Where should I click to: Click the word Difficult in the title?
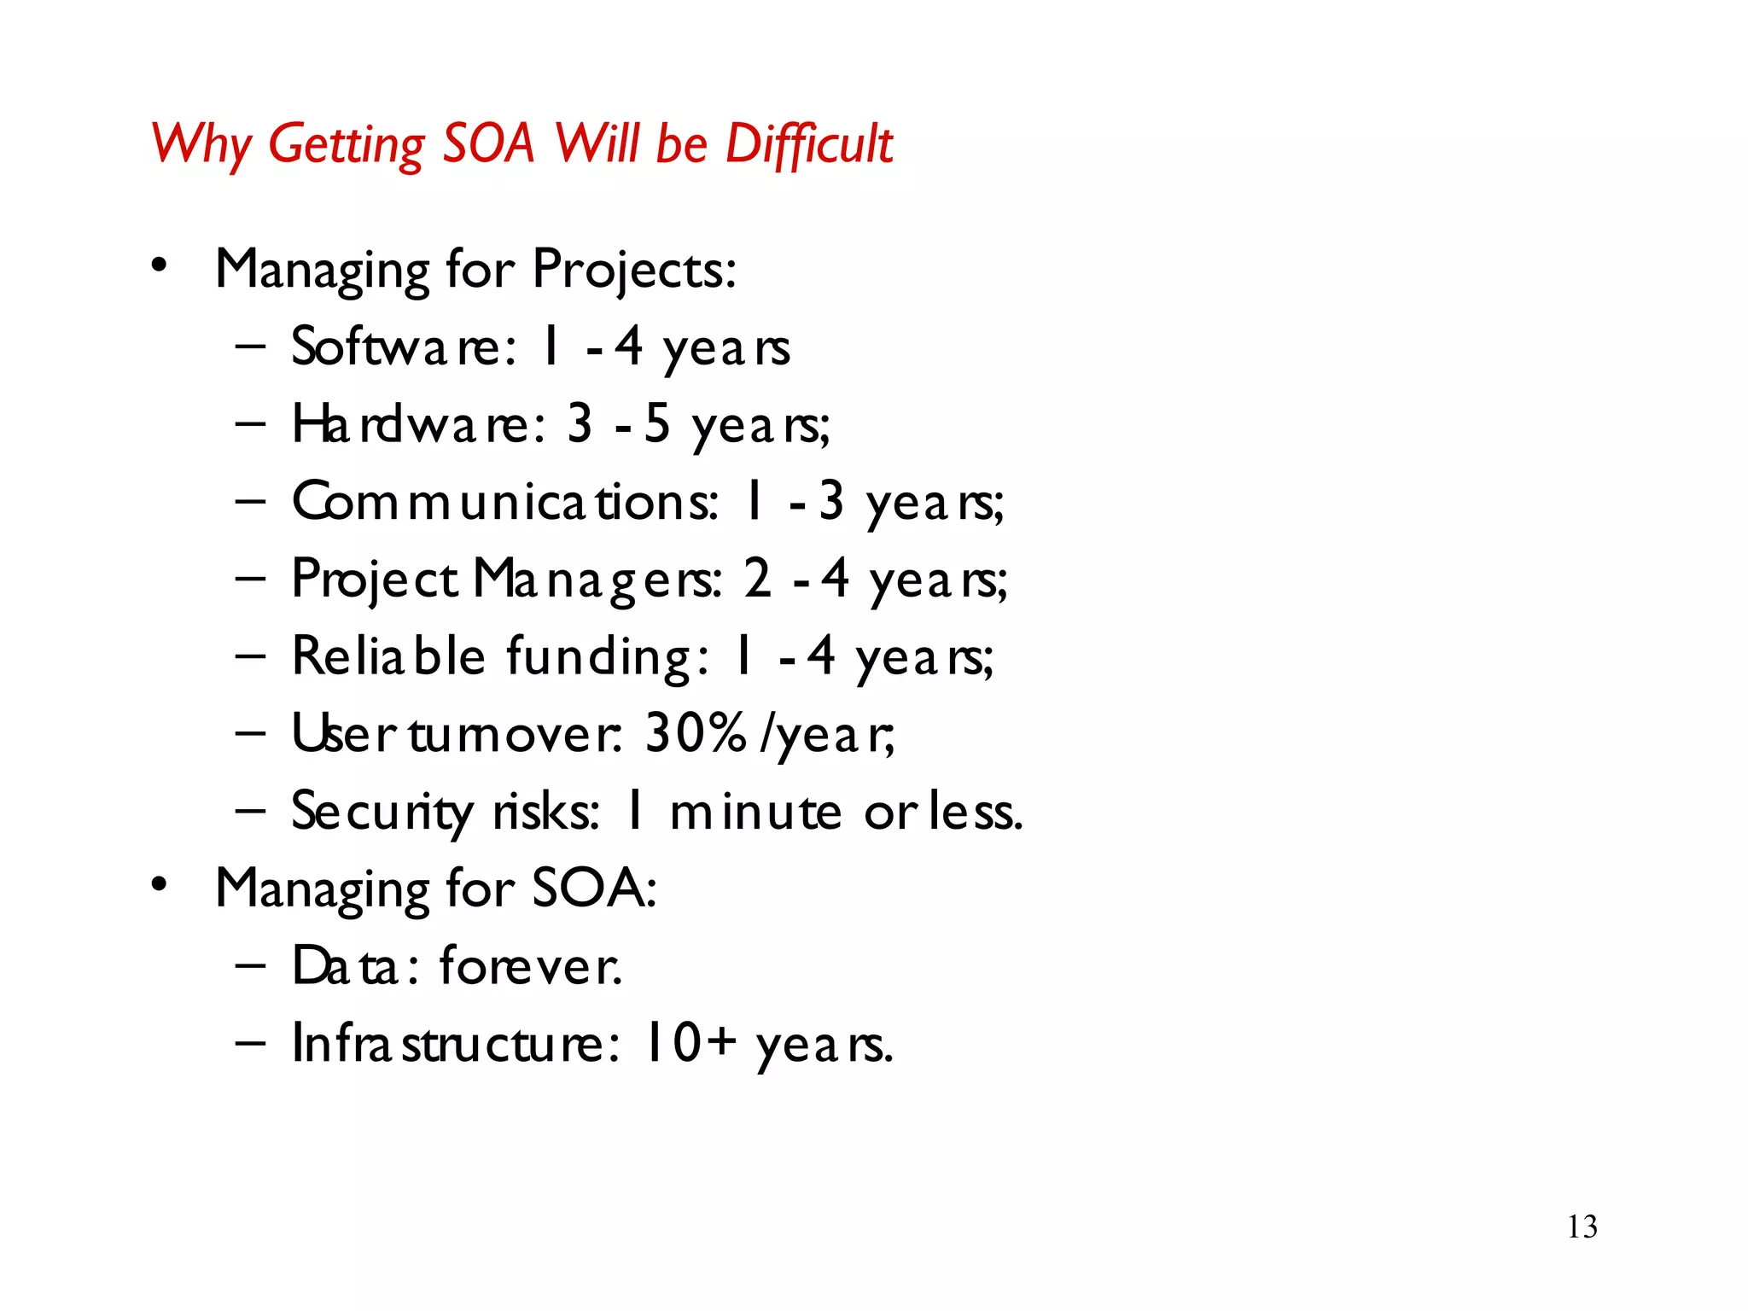click(x=808, y=143)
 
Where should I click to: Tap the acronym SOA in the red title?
click(x=488, y=143)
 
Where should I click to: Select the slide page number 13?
click(x=1582, y=1227)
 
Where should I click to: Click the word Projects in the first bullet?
click(x=633, y=270)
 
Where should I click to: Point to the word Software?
click(x=403, y=347)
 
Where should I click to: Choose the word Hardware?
click(x=418, y=424)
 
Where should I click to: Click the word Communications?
click(x=505, y=502)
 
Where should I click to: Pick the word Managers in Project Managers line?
click(x=597, y=580)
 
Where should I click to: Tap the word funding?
click(x=607, y=656)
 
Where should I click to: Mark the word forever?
click(x=530, y=966)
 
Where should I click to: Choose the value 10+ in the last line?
click(x=690, y=1043)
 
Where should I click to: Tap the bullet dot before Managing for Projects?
click(x=160, y=267)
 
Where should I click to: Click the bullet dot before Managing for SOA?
click(x=160, y=886)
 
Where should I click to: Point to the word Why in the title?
click(x=201, y=143)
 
